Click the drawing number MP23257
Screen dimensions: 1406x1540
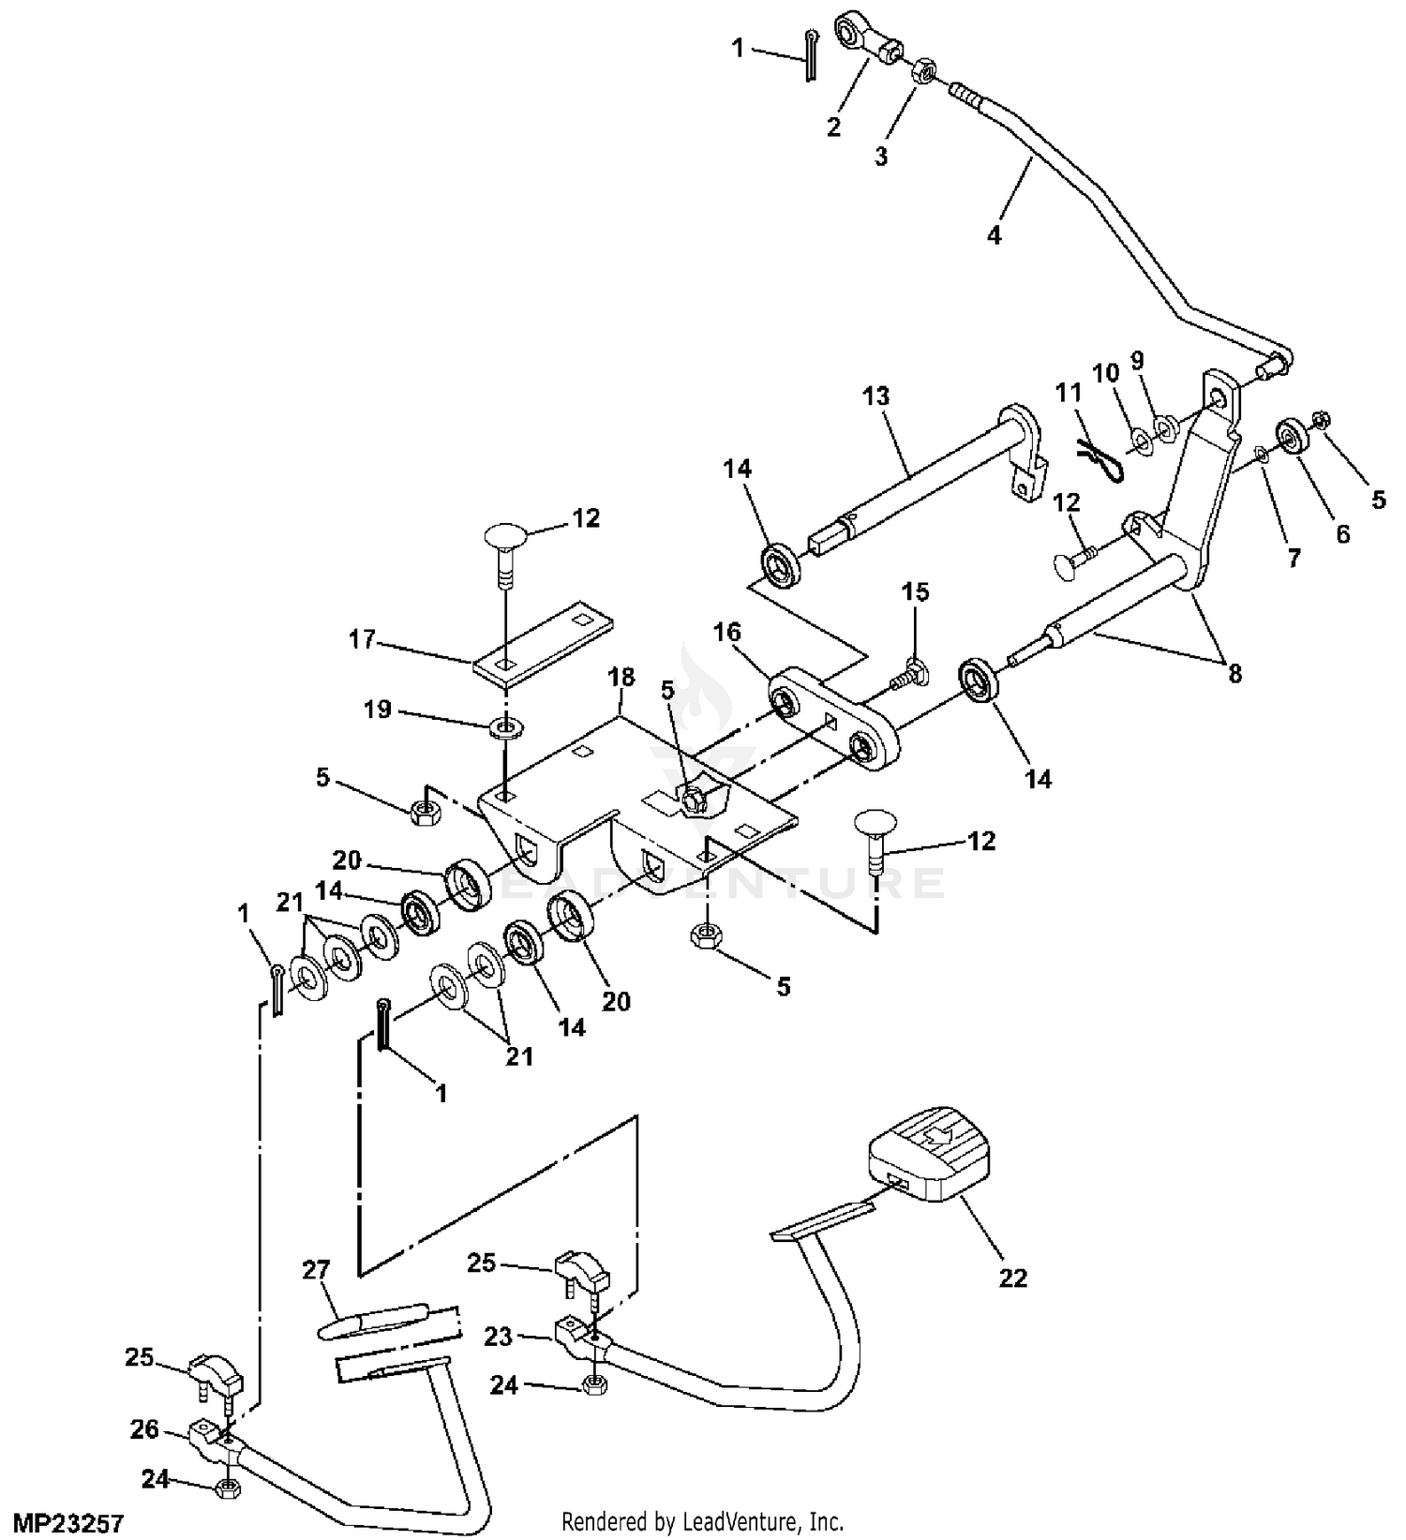click(x=62, y=1523)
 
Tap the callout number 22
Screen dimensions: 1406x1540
click(x=1013, y=1278)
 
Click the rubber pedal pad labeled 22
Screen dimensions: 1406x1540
click(x=930, y=1163)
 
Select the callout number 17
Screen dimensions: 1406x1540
click(x=361, y=640)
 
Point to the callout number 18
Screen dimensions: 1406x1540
click(x=621, y=677)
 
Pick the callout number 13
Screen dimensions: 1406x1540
click(x=875, y=396)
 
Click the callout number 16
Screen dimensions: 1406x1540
click(x=727, y=632)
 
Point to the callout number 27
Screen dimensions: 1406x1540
click(x=316, y=1270)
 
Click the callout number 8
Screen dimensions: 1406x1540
click(x=1234, y=672)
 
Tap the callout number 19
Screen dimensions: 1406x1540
click(x=377, y=710)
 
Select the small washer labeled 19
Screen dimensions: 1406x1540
click(x=507, y=727)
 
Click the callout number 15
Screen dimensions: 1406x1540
click(x=916, y=591)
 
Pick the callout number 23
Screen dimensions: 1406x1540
click(x=499, y=1336)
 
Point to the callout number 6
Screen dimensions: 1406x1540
click(x=1343, y=533)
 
